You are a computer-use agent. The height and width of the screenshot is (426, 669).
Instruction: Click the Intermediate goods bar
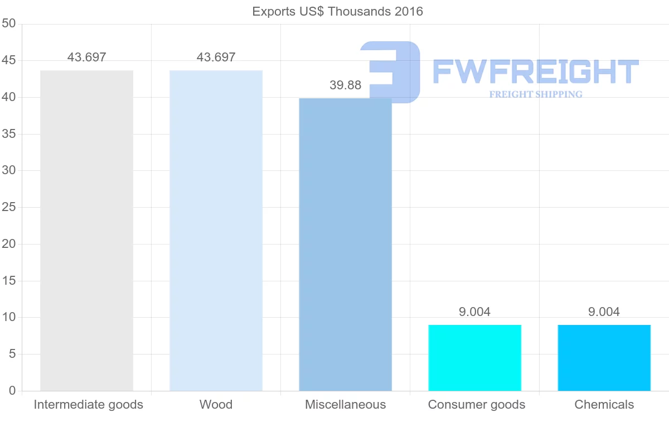point(86,231)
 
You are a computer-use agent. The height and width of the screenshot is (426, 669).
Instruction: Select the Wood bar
point(216,231)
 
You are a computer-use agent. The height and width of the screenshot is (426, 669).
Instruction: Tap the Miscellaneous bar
point(345,244)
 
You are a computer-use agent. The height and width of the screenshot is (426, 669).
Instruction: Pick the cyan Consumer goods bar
point(474,358)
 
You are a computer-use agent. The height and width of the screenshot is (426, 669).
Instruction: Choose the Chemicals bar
point(604,358)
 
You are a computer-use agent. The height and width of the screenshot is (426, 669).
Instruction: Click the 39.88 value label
point(345,85)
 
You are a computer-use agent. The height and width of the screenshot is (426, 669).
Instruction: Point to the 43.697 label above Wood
point(216,58)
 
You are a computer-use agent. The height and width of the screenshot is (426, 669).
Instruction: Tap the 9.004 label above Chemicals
point(604,312)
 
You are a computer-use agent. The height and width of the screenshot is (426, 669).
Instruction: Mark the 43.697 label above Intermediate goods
point(86,58)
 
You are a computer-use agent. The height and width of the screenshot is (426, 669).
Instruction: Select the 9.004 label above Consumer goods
point(474,312)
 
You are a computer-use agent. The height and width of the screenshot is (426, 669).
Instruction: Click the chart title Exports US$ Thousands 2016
point(337,12)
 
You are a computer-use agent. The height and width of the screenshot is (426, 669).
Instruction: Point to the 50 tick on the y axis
point(8,24)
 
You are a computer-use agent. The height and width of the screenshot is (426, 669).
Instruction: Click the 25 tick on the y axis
point(8,208)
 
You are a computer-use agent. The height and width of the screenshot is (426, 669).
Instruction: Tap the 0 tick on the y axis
point(12,391)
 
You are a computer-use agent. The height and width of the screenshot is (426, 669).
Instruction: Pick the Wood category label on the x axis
point(216,405)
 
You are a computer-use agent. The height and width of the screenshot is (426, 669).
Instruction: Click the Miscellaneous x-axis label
point(345,405)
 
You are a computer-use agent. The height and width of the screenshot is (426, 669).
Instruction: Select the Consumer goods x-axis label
point(477,405)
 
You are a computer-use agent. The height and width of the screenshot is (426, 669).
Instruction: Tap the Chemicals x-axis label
point(604,405)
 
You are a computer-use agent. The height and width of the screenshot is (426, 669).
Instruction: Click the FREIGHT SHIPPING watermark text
point(535,94)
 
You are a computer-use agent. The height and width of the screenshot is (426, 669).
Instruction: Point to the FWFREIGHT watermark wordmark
point(535,72)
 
